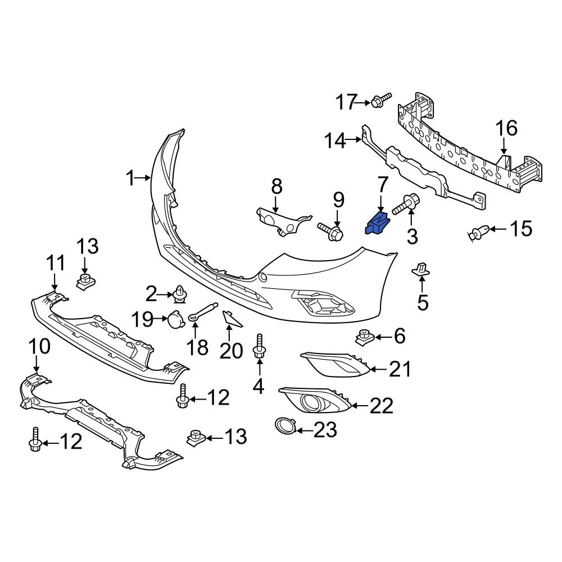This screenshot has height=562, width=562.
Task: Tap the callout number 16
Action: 506,129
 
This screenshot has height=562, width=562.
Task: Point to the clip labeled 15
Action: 478,230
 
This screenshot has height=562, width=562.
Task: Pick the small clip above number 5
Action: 421,270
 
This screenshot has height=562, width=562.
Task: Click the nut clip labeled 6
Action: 366,337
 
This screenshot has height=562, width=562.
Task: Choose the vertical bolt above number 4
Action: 260,346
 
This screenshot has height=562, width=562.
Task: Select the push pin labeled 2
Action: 180,294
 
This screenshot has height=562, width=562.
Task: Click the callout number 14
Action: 336,140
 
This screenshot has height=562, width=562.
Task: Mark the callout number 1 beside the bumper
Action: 130,179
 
